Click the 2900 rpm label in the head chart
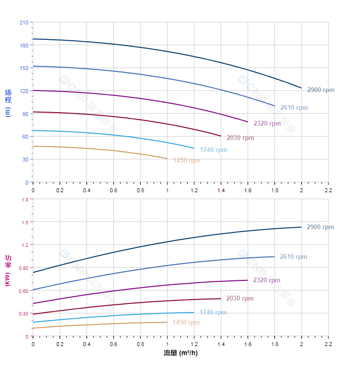tap(321, 90)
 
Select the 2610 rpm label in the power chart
tap(293, 257)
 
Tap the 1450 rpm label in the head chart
tap(187, 161)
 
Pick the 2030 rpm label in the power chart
tap(240, 299)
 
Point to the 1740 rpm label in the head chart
tap(214, 150)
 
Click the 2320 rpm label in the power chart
tap(267, 280)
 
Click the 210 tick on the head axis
tap(23, 23)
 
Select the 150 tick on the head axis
tap(23, 68)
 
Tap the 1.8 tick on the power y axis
tap(24, 199)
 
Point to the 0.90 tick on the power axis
tap(23, 267)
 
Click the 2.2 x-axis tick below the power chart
tap(328, 344)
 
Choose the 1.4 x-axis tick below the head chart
tap(221, 190)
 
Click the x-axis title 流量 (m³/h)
tap(180, 353)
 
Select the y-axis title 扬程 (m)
tap(8, 103)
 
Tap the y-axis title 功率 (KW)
tap(8, 270)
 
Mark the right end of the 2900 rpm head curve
tap(302, 88)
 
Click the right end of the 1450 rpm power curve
tap(167, 322)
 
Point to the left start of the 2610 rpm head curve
tap(33, 66)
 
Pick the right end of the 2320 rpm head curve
tap(247, 122)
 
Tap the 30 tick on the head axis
tap(25, 160)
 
